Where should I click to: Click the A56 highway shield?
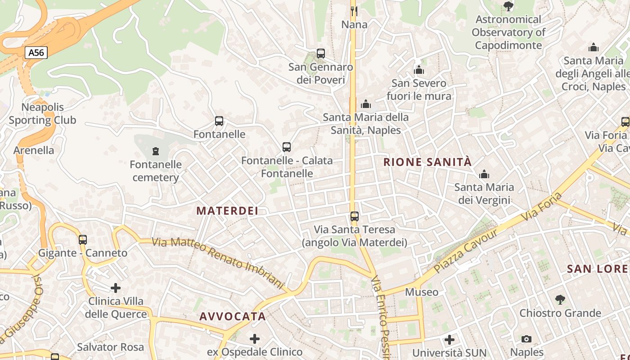click(36, 53)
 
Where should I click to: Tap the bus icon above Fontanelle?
click(219, 121)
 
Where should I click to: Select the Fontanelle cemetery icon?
click(156, 151)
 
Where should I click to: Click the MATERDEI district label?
click(227, 211)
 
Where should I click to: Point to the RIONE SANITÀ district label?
click(427, 162)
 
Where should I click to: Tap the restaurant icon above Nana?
click(354, 10)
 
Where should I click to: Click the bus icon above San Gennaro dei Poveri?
click(321, 54)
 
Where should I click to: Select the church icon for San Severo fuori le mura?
click(419, 70)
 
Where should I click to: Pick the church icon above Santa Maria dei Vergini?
click(484, 174)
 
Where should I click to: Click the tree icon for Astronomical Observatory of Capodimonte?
click(508, 6)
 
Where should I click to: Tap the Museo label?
click(422, 292)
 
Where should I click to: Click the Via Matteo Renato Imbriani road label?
click(218, 263)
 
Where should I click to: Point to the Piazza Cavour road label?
click(467, 251)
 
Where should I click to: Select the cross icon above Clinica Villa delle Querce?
click(116, 288)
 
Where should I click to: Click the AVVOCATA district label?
click(233, 316)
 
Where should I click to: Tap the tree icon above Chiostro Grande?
click(560, 299)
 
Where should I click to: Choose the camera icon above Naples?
click(526, 339)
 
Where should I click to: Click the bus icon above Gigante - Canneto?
click(83, 239)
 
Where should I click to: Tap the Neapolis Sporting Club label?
click(43, 113)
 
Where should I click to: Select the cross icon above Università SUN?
click(449, 340)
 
